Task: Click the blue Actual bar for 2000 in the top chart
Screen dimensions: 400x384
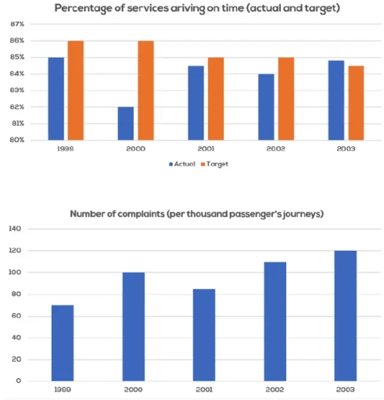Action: point(125,123)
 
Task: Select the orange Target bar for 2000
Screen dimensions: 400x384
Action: point(145,90)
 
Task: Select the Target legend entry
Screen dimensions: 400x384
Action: point(218,164)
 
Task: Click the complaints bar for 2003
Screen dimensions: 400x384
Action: point(346,316)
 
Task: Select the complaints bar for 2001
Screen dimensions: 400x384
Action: point(206,334)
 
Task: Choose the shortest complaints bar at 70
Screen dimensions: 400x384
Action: point(63,342)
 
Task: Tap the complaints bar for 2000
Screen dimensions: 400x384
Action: point(134,327)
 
